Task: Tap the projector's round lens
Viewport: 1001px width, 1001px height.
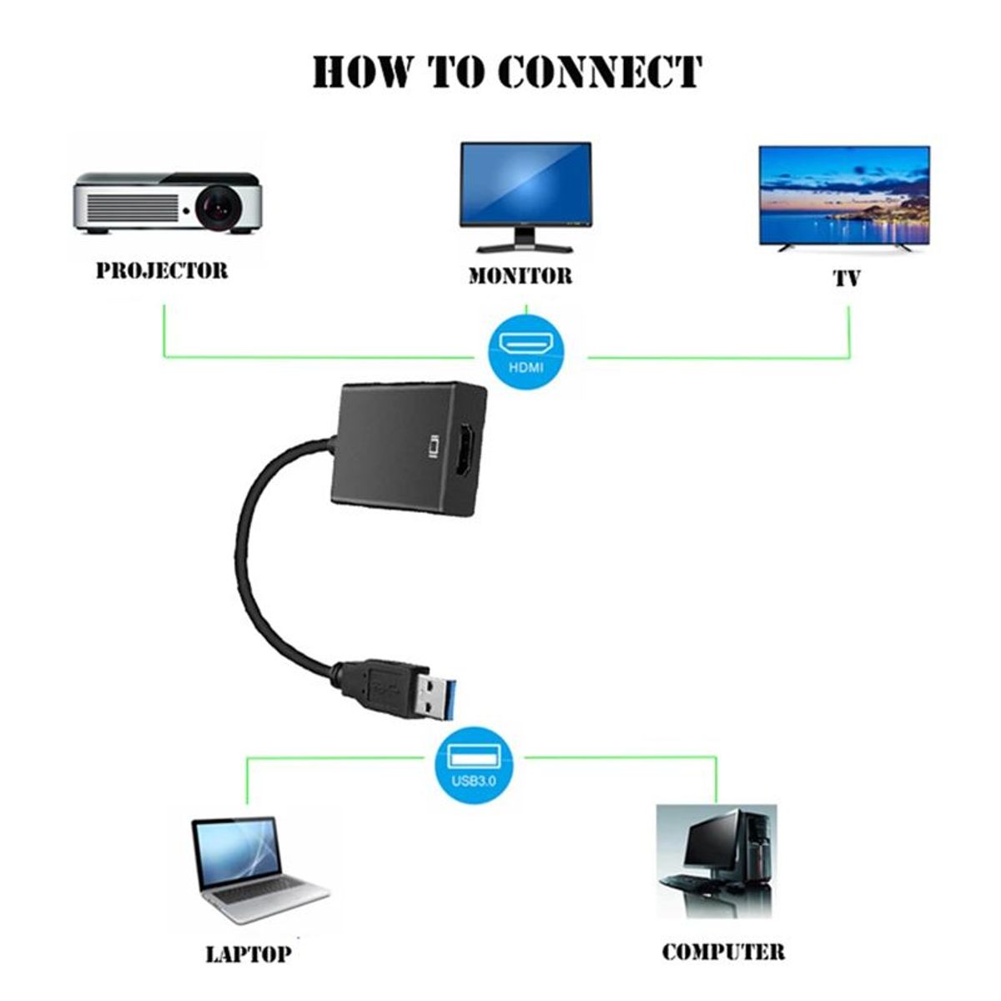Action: tap(220, 206)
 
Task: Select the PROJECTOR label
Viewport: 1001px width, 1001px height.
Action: tap(161, 270)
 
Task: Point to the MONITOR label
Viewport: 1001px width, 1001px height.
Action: tap(520, 276)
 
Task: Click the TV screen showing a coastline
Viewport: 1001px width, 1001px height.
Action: tap(843, 195)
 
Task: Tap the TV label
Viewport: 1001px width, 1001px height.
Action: tap(846, 278)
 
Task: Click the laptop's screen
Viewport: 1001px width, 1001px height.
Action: tap(236, 854)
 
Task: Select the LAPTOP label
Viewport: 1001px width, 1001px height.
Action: tap(248, 954)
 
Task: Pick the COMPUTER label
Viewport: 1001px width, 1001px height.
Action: tap(722, 952)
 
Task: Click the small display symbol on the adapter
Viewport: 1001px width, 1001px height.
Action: tap(432, 447)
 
